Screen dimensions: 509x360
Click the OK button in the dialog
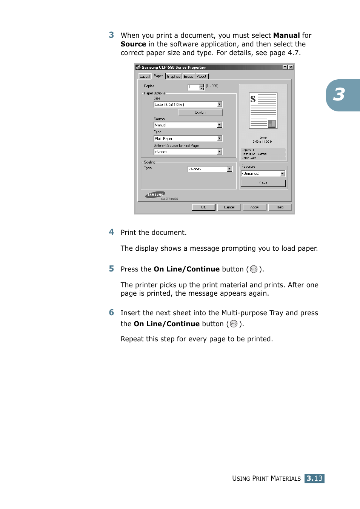(203, 207)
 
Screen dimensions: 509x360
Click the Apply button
(254, 207)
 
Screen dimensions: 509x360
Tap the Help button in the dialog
(280, 207)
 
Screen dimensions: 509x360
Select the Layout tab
(145, 76)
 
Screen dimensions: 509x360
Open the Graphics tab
(174, 76)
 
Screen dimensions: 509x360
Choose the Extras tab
(189, 76)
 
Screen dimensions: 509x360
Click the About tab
(202, 76)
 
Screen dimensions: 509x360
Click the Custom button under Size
(200, 113)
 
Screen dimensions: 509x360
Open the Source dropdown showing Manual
(219, 125)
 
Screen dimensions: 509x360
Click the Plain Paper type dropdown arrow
(219, 139)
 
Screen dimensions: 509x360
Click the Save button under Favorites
(263, 183)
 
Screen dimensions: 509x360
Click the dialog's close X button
(291, 67)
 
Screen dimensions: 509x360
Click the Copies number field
(193, 87)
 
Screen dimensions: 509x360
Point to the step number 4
(111, 232)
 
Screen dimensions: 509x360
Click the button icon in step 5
(254, 269)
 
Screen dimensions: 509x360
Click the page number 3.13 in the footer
(314, 478)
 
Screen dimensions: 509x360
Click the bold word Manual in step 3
(286, 35)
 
